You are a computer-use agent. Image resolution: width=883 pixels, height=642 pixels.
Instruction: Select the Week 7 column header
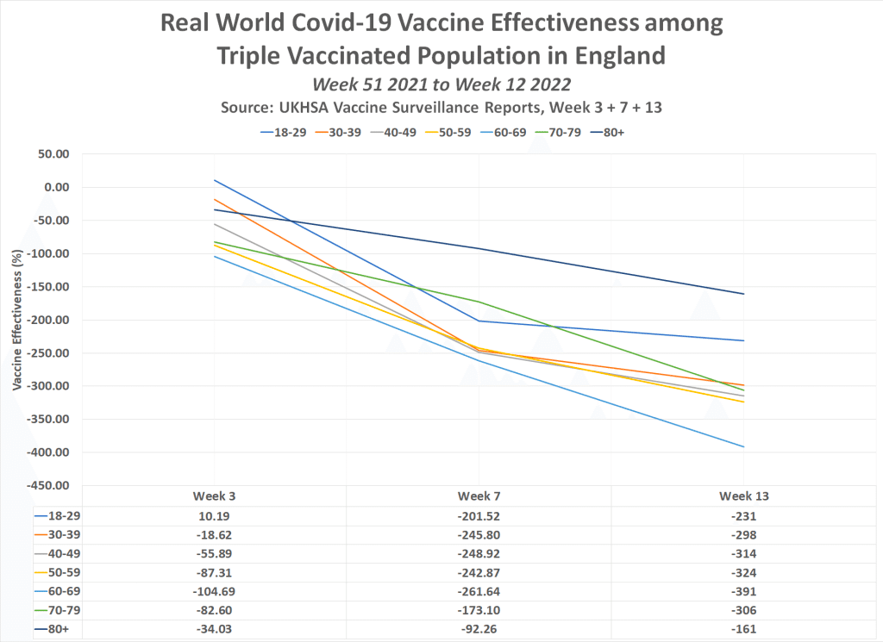pyautogui.click(x=479, y=496)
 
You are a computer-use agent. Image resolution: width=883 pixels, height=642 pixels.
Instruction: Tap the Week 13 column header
pyautogui.click(x=744, y=496)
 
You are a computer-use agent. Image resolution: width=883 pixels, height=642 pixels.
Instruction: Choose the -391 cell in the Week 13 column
pyautogui.click(x=744, y=591)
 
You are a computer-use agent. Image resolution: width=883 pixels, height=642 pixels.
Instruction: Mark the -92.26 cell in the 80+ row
pyautogui.click(x=479, y=629)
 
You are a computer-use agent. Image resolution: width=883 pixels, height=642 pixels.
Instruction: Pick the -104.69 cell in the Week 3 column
pyautogui.click(x=215, y=591)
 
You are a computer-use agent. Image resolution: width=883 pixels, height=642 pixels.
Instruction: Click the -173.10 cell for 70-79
pyautogui.click(x=479, y=610)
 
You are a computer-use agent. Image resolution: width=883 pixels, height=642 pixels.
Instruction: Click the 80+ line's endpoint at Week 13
pyautogui.click(x=744, y=294)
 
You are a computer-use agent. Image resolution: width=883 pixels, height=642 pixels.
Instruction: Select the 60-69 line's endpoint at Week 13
pyautogui.click(x=744, y=446)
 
